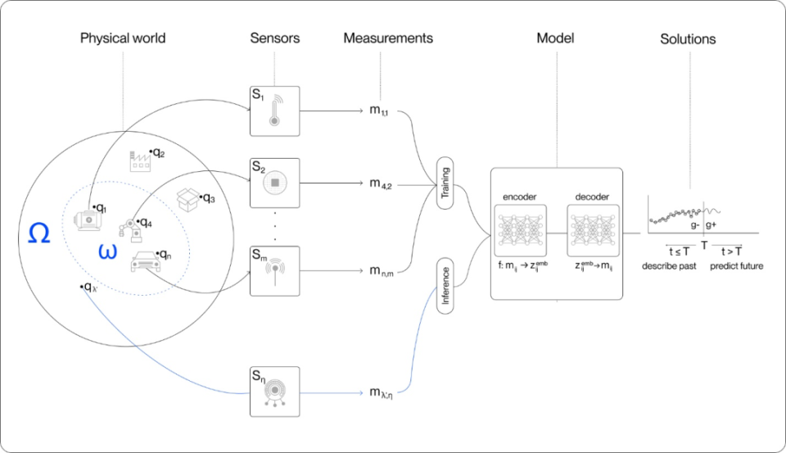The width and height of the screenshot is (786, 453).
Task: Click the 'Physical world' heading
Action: (123, 39)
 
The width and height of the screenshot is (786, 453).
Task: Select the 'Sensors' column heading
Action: (275, 39)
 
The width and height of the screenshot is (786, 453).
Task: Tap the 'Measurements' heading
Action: (388, 39)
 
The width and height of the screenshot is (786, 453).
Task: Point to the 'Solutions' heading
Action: (688, 39)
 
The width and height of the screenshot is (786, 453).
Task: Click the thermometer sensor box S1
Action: (275, 111)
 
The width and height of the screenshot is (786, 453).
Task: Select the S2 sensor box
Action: (275, 183)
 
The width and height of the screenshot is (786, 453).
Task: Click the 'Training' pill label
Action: (446, 183)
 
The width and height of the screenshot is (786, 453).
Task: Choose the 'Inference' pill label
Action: (446, 284)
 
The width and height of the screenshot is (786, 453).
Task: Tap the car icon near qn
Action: (144, 261)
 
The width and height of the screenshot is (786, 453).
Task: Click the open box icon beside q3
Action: (189, 197)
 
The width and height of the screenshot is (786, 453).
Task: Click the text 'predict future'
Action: (736, 266)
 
